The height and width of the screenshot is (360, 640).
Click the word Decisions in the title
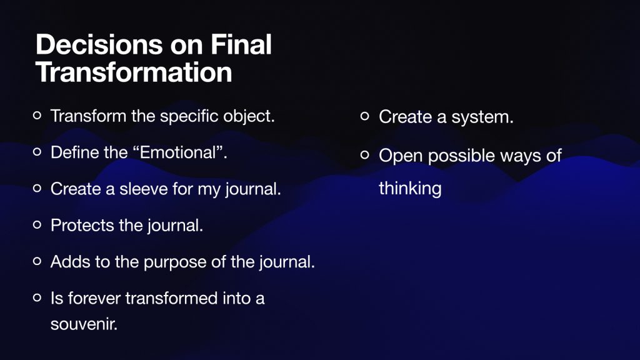99,44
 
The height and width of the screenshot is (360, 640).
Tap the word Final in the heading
241,44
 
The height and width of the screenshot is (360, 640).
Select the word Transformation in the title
134,72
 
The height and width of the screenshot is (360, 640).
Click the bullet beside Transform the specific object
37,116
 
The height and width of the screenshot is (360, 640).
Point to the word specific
189,116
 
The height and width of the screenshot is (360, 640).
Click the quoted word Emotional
177,152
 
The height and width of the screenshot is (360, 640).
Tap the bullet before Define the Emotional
37,152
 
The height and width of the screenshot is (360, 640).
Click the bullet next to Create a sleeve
37,188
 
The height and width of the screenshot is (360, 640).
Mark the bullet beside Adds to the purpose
37,261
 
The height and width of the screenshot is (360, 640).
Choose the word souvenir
84,324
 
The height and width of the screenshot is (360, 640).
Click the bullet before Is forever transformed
37,297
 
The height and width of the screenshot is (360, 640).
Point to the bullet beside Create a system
365,116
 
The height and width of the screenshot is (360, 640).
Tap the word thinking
410,189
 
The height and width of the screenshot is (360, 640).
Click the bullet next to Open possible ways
365,155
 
